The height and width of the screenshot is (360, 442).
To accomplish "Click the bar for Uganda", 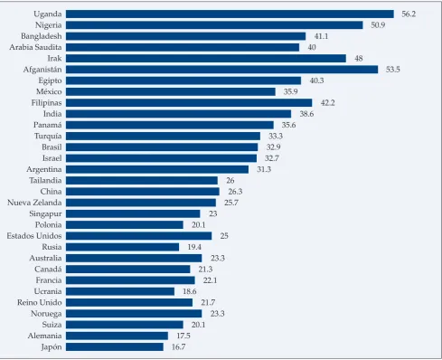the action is coord(230,14).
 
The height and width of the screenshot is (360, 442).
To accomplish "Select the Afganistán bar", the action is coord(222,70).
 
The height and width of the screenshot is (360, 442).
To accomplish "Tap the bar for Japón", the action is coord(115,347).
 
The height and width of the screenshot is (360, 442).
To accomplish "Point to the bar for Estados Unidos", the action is coord(139,236).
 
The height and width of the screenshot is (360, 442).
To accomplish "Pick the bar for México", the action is coord(171,91).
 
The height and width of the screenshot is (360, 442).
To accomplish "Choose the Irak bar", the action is coord(206,59).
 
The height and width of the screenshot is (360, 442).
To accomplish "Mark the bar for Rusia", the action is coord(123,247).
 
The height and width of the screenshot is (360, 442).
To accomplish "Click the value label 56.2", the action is coord(409,14).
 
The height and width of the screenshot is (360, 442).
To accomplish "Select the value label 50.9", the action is coord(378,25).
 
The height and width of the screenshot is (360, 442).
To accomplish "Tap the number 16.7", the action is coord(178,347).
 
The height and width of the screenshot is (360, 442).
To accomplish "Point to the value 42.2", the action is coord(327,103).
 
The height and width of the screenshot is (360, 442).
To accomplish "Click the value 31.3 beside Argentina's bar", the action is coord(264,169).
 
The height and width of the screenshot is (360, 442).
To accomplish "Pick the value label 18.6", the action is coord(190,291).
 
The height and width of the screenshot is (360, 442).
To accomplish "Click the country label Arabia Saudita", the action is coord(35,47).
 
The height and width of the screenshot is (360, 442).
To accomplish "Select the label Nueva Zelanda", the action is coord(34,203).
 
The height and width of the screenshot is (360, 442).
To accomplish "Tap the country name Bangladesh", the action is coord(42,36).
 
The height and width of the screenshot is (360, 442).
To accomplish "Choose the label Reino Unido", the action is coord(40,302).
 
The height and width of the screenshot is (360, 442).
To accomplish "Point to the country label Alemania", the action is coord(44,336).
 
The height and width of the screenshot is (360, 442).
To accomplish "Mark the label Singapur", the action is coord(45,214).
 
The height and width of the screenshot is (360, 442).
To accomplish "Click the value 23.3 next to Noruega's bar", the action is coord(218,314).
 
